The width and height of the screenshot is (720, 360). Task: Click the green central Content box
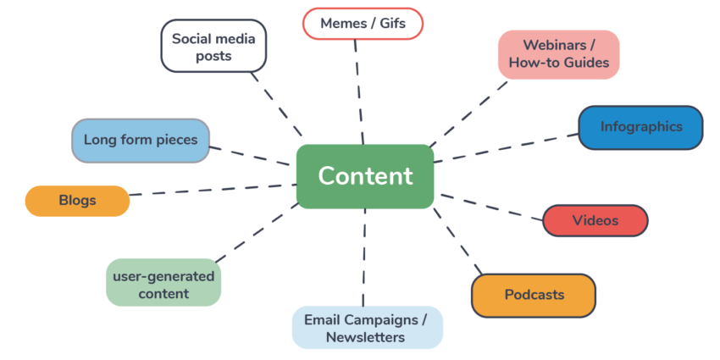click(x=365, y=176)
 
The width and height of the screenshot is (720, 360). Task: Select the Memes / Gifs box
click(x=363, y=24)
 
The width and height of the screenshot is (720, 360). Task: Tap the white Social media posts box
click(x=213, y=47)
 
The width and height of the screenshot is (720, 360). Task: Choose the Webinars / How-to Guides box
click(x=558, y=54)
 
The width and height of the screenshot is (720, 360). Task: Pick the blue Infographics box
click(x=640, y=127)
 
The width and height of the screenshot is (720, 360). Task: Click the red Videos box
click(x=595, y=220)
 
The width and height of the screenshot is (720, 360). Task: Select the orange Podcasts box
click(x=534, y=295)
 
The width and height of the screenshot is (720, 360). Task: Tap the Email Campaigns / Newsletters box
click(x=367, y=328)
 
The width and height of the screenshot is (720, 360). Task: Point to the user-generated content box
click(x=163, y=285)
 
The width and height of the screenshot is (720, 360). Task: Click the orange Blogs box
click(x=77, y=201)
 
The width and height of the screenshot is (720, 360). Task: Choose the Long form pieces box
click(x=140, y=141)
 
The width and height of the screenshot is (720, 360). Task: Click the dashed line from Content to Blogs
click(x=212, y=190)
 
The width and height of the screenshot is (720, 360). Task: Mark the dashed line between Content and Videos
click(x=490, y=208)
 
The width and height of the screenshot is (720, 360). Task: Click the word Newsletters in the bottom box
click(x=367, y=337)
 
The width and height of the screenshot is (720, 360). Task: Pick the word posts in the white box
click(x=214, y=56)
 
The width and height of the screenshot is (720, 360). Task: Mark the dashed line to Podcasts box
click(x=457, y=241)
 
